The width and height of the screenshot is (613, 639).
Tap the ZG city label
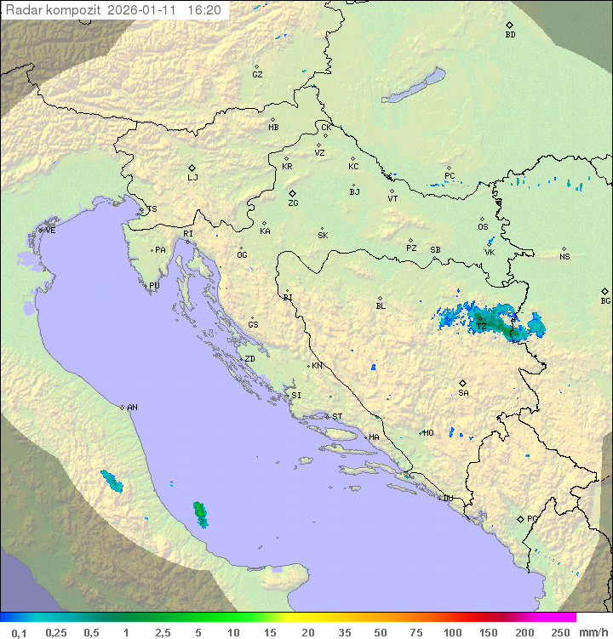(x=293, y=203)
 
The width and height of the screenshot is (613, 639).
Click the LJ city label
(x=192, y=178)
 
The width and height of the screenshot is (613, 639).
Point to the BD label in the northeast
(x=510, y=35)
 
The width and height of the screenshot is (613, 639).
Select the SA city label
(x=463, y=393)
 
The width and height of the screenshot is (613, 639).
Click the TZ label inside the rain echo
(x=481, y=327)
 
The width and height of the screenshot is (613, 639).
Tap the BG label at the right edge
(x=605, y=300)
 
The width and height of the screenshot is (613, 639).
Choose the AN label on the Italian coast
(x=132, y=408)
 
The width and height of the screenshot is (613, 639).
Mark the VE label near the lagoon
(x=50, y=231)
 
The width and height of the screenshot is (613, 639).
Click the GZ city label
(x=257, y=75)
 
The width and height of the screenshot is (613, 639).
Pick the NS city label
(x=564, y=257)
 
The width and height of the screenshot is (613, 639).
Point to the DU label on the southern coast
(x=447, y=499)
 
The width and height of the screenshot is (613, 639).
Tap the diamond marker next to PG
(x=520, y=518)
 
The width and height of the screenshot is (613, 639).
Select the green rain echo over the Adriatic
(x=200, y=512)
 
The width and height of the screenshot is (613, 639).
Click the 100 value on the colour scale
(x=453, y=632)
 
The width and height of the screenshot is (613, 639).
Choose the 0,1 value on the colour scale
(x=19, y=632)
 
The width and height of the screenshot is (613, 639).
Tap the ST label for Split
(x=337, y=417)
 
